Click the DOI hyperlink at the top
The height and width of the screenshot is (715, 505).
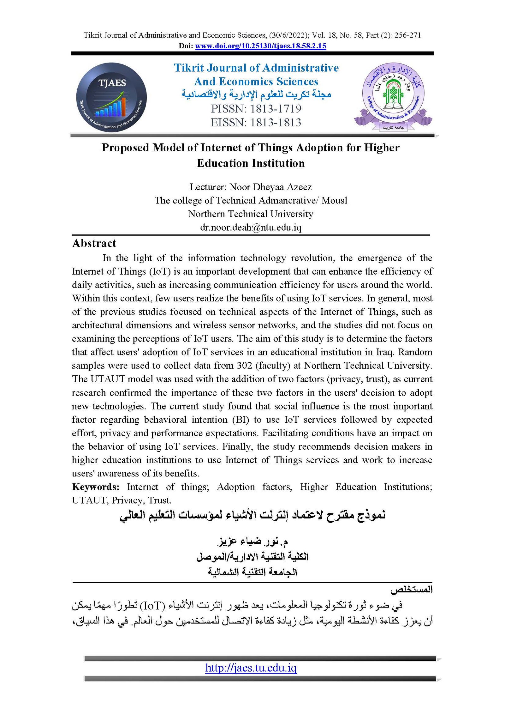pyautogui.click(x=260, y=46)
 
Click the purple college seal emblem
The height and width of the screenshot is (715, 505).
pyautogui.click(x=393, y=96)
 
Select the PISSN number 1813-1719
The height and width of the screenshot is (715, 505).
pyautogui.click(x=276, y=109)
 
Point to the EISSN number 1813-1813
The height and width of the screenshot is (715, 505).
pyautogui.click(x=276, y=123)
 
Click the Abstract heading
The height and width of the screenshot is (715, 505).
pyautogui.click(x=94, y=244)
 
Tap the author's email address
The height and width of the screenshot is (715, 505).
pyautogui.click(x=251, y=227)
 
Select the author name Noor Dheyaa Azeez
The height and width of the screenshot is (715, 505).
pyautogui.click(x=270, y=187)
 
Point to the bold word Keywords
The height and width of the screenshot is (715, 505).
pyautogui.click(x=96, y=487)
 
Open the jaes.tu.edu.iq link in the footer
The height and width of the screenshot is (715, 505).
pyautogui.click(x=251, y=668)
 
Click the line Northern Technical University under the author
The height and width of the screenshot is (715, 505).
pyautogui.click(x=251, y=214)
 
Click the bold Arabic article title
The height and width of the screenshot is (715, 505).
pyautogui.click(x=252, y=515)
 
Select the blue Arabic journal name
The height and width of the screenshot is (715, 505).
pyautogui.click(x=256, y=94)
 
